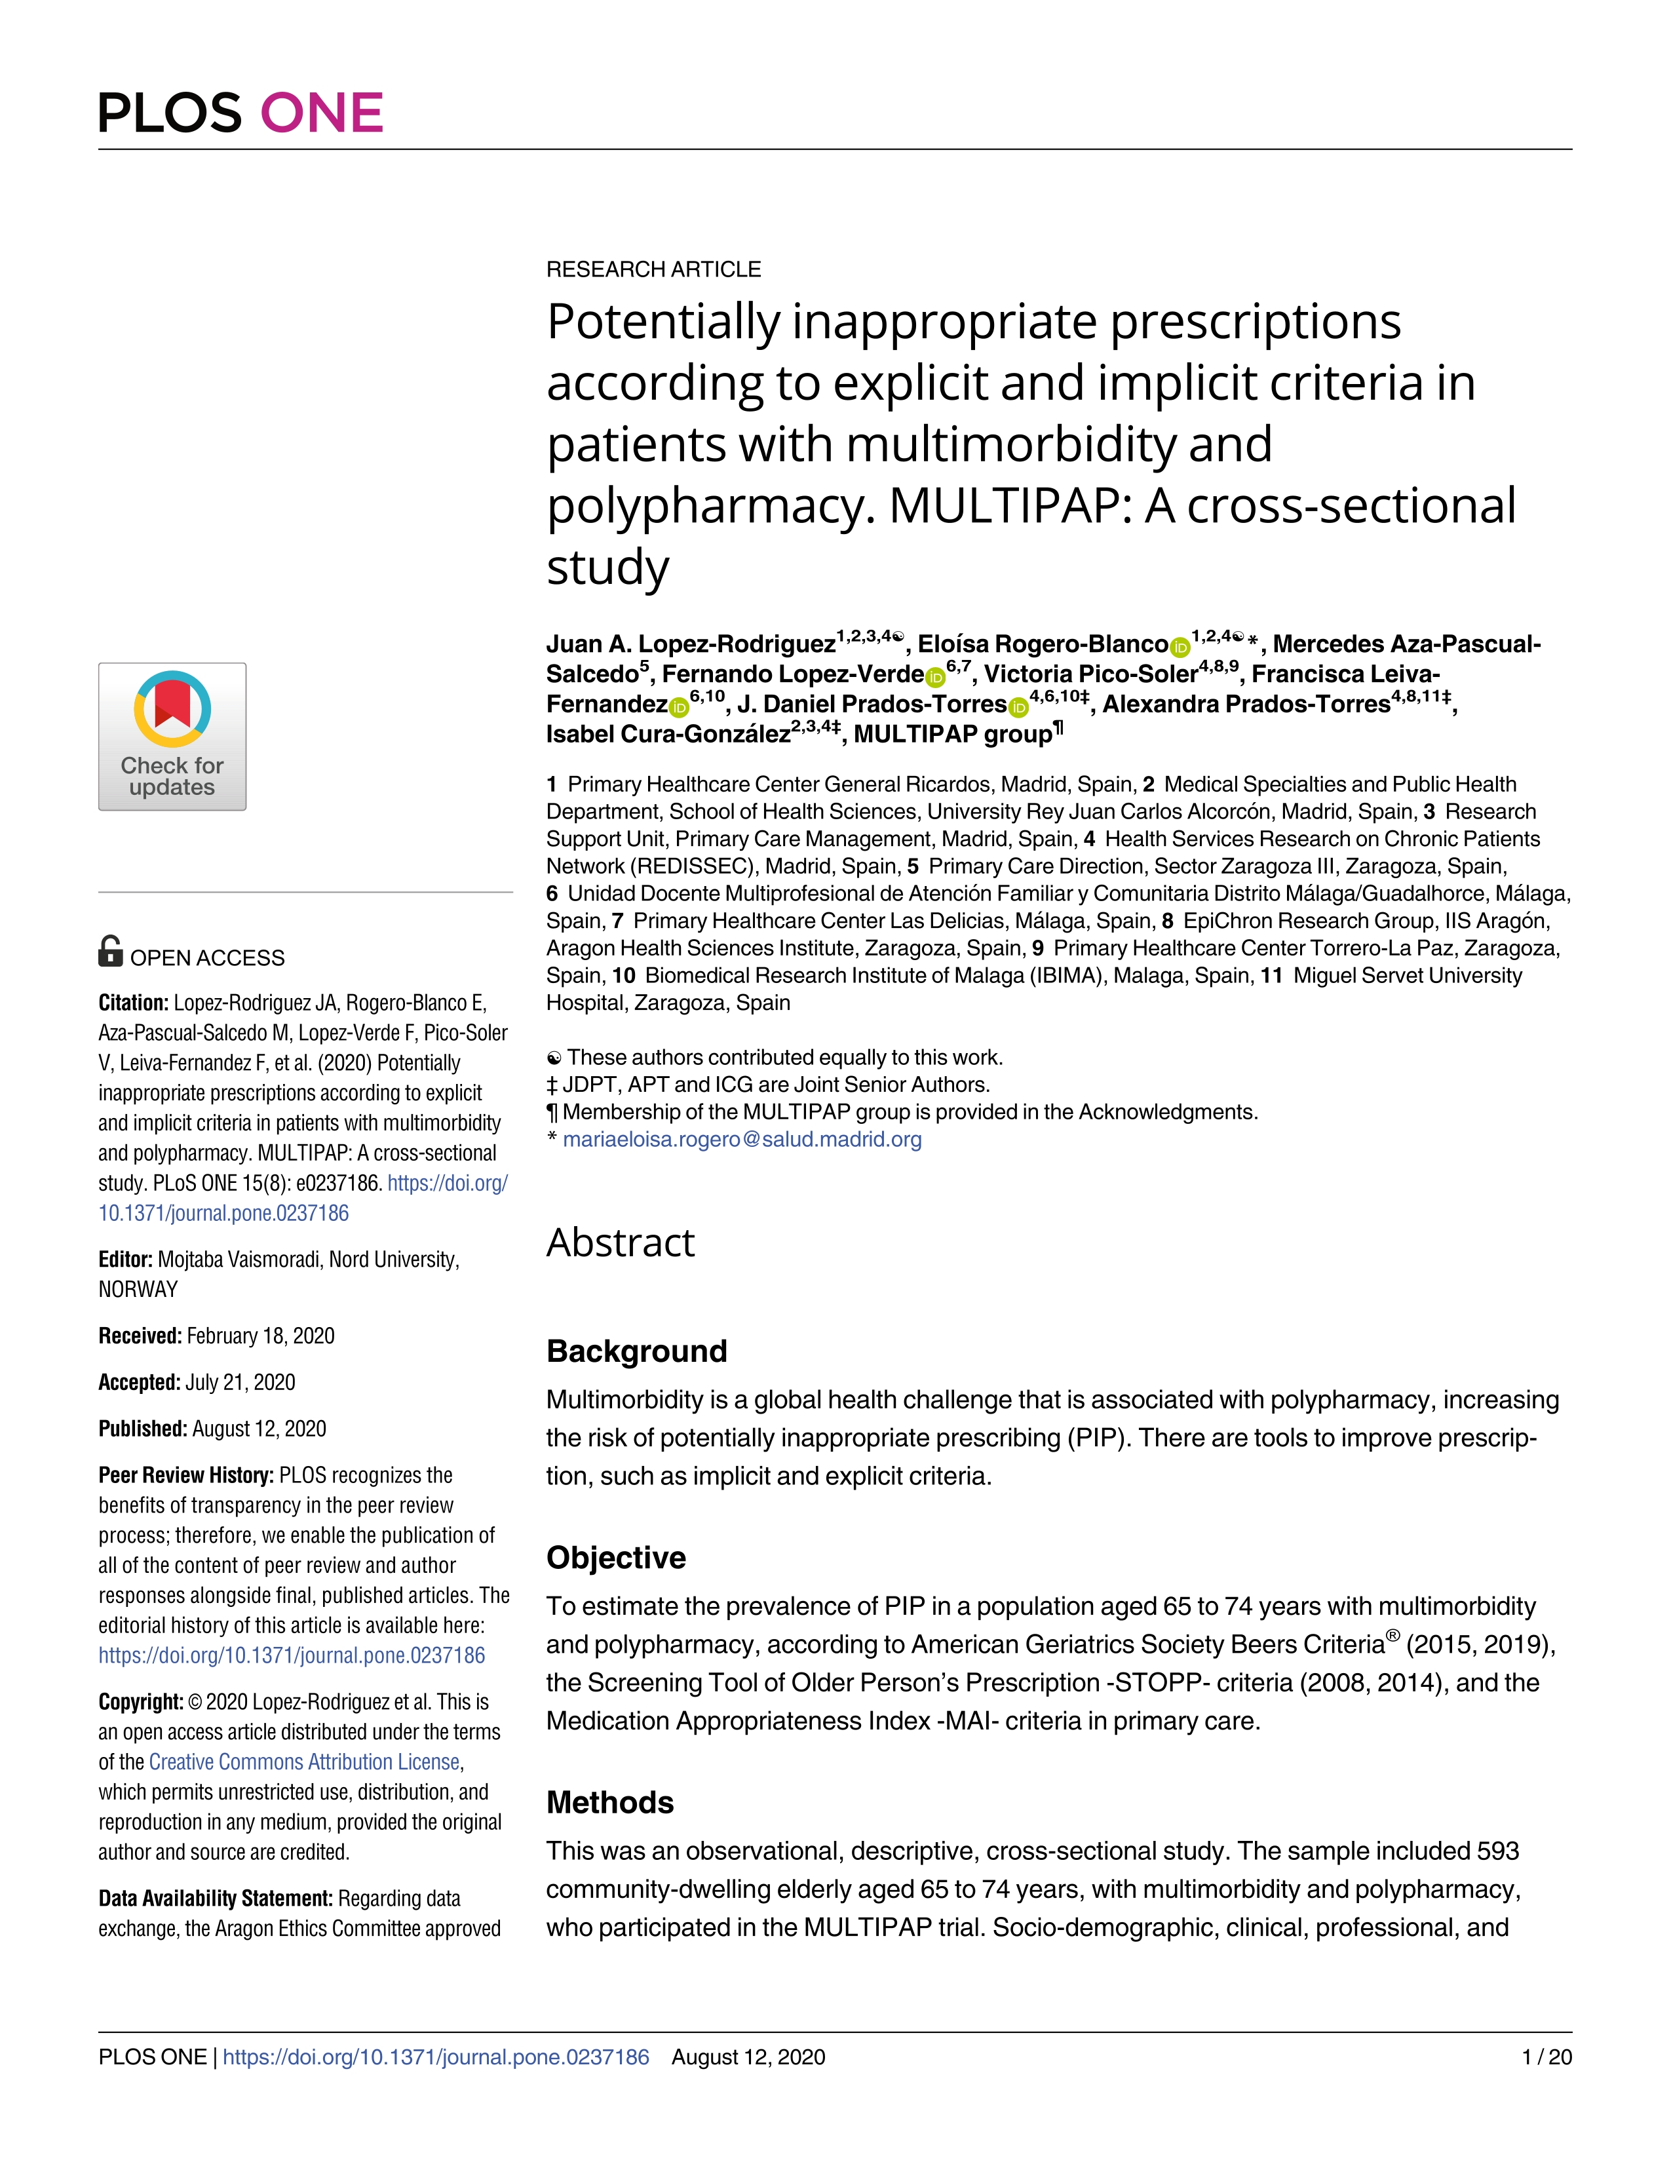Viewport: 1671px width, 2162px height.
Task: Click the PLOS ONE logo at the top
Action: (240, 113)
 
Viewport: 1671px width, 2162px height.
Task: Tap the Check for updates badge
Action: (172, 737)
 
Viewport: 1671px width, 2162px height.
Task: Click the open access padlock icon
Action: (111, 952)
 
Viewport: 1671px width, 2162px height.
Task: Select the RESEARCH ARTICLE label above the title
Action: (653, 269)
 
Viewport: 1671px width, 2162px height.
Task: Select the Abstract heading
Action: (621, 1243)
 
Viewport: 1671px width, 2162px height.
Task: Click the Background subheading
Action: (636, 1351)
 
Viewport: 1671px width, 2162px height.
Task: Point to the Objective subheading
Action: (616, 1557)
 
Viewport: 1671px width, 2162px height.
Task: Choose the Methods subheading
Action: (610, 1802)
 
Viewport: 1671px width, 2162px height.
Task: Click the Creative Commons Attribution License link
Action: (304, 1762)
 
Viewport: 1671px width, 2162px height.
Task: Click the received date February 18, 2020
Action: (260, 1336)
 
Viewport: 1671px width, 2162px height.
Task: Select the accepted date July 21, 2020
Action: (240, 1382)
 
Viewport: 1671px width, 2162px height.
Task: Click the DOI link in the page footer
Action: (436, 2057)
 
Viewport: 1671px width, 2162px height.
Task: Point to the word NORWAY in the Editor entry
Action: (138, 1290)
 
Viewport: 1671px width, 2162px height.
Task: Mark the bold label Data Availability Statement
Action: (215, 1899)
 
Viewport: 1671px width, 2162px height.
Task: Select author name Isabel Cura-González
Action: (668, 735)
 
